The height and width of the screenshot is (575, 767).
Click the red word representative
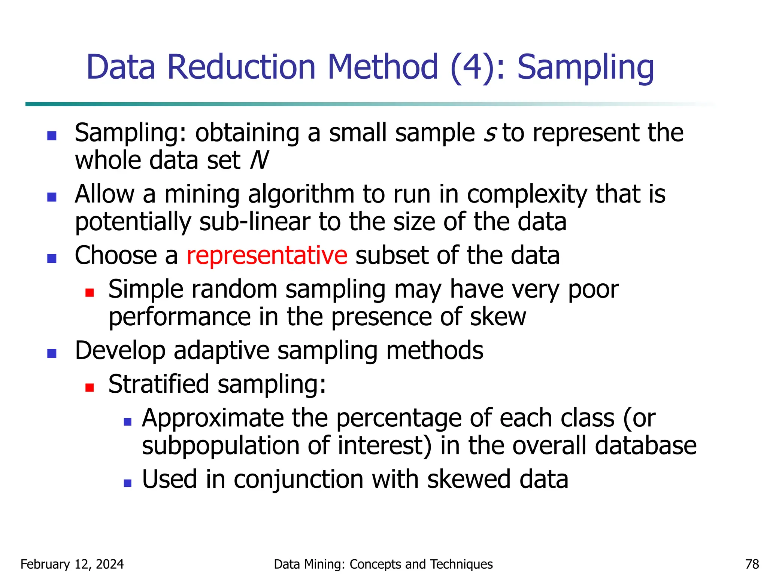[x=267, y=256]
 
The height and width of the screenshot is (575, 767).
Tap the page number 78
[x=752, y=564]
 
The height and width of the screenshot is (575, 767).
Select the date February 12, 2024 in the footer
[x=72, y=564]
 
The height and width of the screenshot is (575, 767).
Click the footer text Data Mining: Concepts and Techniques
[x=383, y=564]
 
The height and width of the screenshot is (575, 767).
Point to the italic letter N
[x=259, y=161]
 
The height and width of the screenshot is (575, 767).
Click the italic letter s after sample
[x=490, y=133]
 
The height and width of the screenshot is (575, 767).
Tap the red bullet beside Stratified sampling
[x=90, y=387]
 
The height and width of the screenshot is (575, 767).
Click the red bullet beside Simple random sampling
[x=90, y=292]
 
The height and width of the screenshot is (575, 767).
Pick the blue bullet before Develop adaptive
[x=52, y=353]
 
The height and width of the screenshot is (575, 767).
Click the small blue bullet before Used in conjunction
[x=128, y=483]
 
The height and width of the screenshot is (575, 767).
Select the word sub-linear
[x=255, y=222]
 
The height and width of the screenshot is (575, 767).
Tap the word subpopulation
[x=221, y=446]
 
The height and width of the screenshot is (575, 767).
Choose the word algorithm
[x=301, y=195]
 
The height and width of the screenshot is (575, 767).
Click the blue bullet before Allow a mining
[x=52, y=197]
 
